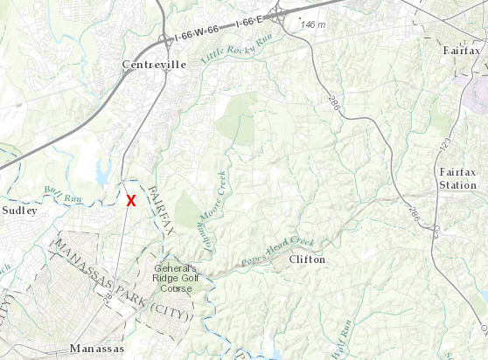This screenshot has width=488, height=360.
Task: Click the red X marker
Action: [131, 200]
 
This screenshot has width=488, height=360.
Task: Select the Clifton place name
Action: [306, 260]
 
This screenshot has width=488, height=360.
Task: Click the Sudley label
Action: [20, 211]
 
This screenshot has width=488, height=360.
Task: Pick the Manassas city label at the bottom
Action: [96, 350]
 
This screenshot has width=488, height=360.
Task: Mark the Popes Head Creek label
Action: [280, 250]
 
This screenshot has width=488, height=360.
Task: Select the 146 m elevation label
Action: [312, 24]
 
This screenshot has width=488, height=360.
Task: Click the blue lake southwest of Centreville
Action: [107, 169]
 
